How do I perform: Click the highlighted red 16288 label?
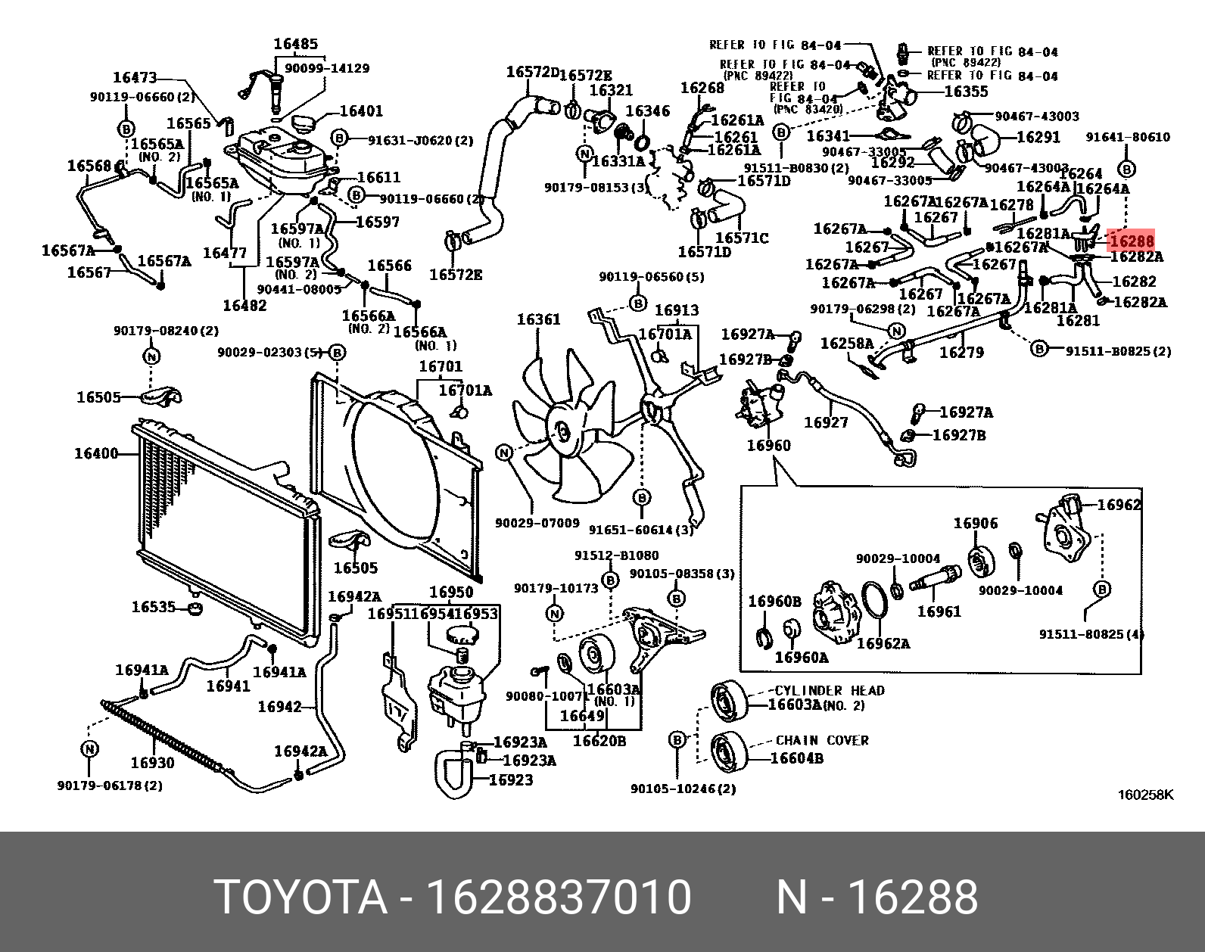click(1131, 241)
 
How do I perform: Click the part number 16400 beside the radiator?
click(96, 454)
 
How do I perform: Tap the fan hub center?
click(562, 432)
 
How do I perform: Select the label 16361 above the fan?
click(538, 319)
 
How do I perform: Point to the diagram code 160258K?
click(1145, 795)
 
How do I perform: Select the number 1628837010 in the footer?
click(559, 898)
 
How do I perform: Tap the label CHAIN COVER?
click(822, 740)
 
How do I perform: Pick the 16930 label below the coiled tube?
click(152, 763)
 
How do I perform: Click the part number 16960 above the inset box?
click(768, 445)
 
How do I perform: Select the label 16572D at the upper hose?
click(532, 73)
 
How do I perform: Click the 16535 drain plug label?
click(153, 607)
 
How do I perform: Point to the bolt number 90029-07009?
click(537, 523)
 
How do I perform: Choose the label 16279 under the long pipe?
click(961, 353)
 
